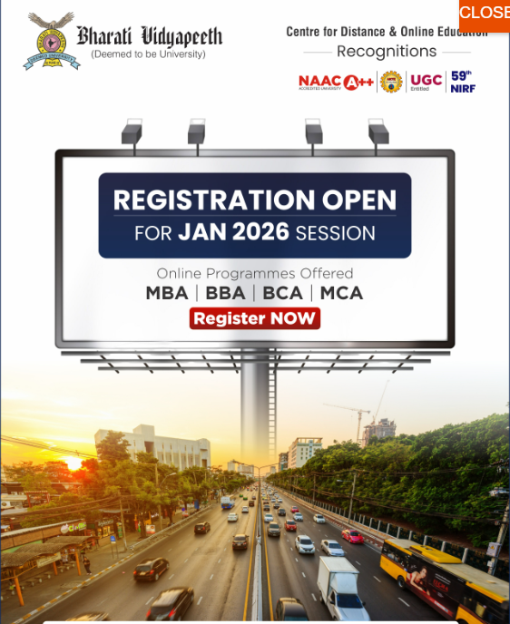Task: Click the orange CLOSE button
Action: [x=485, y=14]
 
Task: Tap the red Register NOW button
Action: [x=255, y=318]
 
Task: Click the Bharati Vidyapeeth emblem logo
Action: [x=51, y=42]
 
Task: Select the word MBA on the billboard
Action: [x=167, y=293]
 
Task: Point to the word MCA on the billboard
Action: [x=342, y=293]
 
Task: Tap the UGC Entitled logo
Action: [x=426, y=82]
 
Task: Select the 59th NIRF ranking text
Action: [x=463, y=82]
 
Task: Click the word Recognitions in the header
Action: [x=387, y=52]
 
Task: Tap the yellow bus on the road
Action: [x=443, y=577]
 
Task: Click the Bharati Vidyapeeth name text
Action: [x=149, y=36]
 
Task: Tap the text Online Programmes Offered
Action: [x=255, y=273]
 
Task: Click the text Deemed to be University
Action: [x=148, y=54]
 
